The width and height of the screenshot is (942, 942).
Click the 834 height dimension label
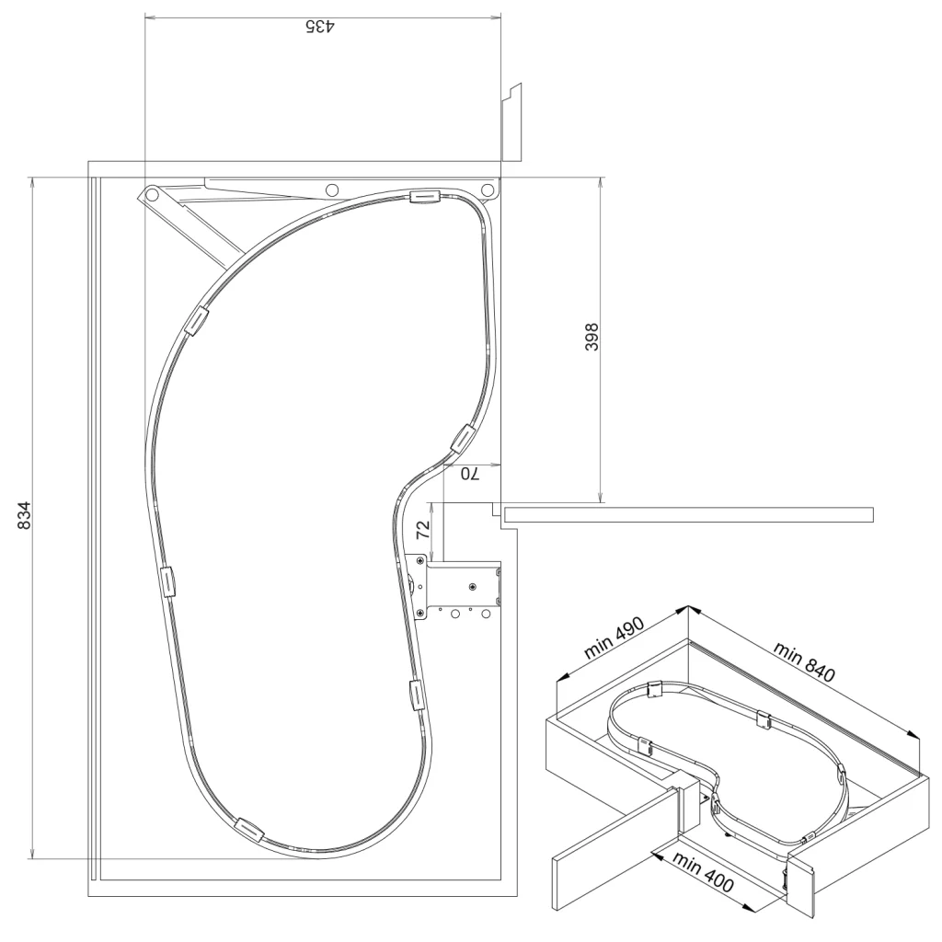24,515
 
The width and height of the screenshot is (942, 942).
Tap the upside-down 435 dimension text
320,27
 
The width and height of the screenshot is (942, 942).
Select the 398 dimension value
592,337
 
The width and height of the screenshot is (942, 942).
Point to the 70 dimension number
470,474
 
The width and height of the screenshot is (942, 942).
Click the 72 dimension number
423,529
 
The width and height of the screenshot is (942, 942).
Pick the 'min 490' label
614,638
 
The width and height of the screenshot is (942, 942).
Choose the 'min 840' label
804,661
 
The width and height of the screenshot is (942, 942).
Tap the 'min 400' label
703,871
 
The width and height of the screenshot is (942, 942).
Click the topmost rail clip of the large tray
425,197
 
